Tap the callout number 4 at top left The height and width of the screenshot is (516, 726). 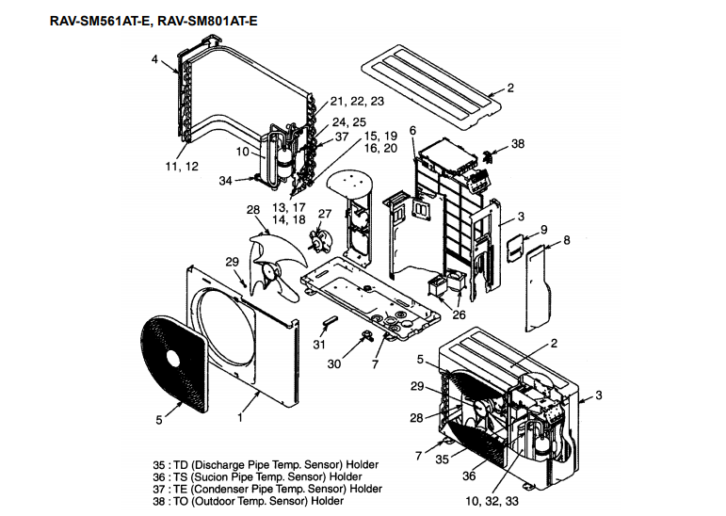coord(154,59)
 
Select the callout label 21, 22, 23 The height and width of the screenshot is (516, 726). coord(357,101)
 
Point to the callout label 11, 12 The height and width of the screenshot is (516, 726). coord(182,167)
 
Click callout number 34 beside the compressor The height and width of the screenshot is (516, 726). coord(225,180)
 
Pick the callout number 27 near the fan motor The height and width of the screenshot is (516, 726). coord(326,215)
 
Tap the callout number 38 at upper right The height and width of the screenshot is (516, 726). coord(518,144)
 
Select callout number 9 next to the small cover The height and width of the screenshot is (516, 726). coord(543,230)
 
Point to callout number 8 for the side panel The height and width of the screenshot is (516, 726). coord(566,240)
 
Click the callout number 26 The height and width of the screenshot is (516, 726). coord(459,314)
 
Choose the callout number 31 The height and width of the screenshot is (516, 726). coord(319,344)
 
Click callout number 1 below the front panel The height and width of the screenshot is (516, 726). coord(241,415)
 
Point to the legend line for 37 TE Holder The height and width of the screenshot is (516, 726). coord(267,489)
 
